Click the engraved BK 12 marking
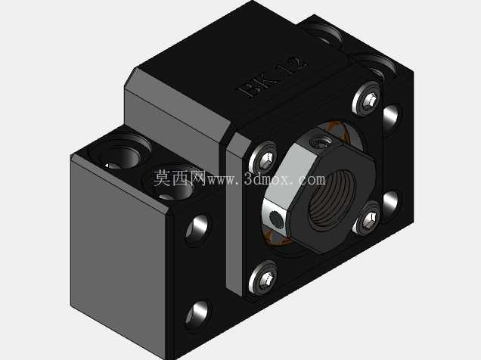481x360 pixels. point(272,76)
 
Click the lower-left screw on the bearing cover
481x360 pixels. point(264,278)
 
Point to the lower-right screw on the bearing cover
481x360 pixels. point(368,219)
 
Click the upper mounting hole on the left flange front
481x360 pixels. point(198,229)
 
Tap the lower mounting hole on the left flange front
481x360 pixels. point(198,316)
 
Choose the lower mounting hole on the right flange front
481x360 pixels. point(392,203)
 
